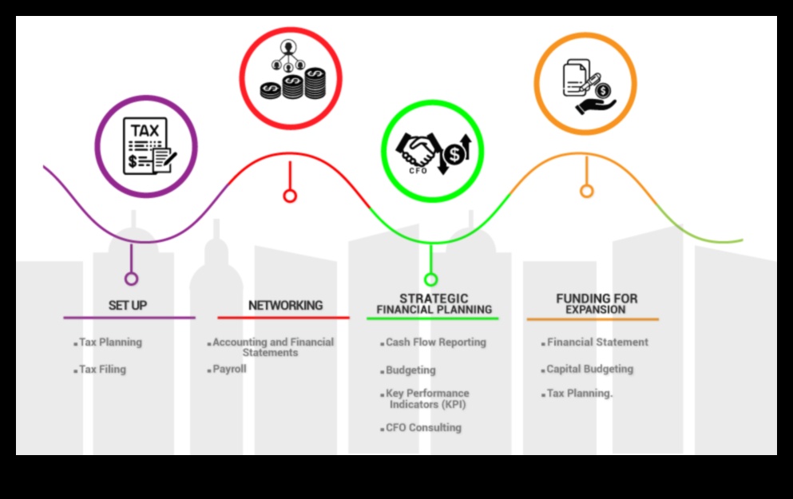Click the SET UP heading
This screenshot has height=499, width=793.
pos(128,305)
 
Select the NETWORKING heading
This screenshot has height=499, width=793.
pos(285,305)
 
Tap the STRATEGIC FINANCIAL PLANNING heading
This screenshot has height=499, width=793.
pos(434,303)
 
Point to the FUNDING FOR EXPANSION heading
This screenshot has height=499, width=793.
pos(597,303)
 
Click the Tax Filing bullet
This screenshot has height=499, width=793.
pos(102,370)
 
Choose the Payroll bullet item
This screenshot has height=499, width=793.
pos(229,370)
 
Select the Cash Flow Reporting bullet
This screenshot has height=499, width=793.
pos(435,343)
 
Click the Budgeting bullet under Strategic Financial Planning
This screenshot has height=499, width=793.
pos(410,370)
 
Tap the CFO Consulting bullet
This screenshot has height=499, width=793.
pos(423,428)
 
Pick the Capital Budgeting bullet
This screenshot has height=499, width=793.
pos(589,370)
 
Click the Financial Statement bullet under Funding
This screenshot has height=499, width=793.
pos(597,343)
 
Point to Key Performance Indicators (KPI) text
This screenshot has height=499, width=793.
pos(427,398)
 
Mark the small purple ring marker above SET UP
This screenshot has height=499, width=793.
pos(131,279)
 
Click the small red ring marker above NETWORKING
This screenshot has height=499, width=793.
pos(290,196)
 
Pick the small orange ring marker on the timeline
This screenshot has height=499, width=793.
pos(587,192)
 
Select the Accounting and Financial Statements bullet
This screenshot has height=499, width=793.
pos(273,347)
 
